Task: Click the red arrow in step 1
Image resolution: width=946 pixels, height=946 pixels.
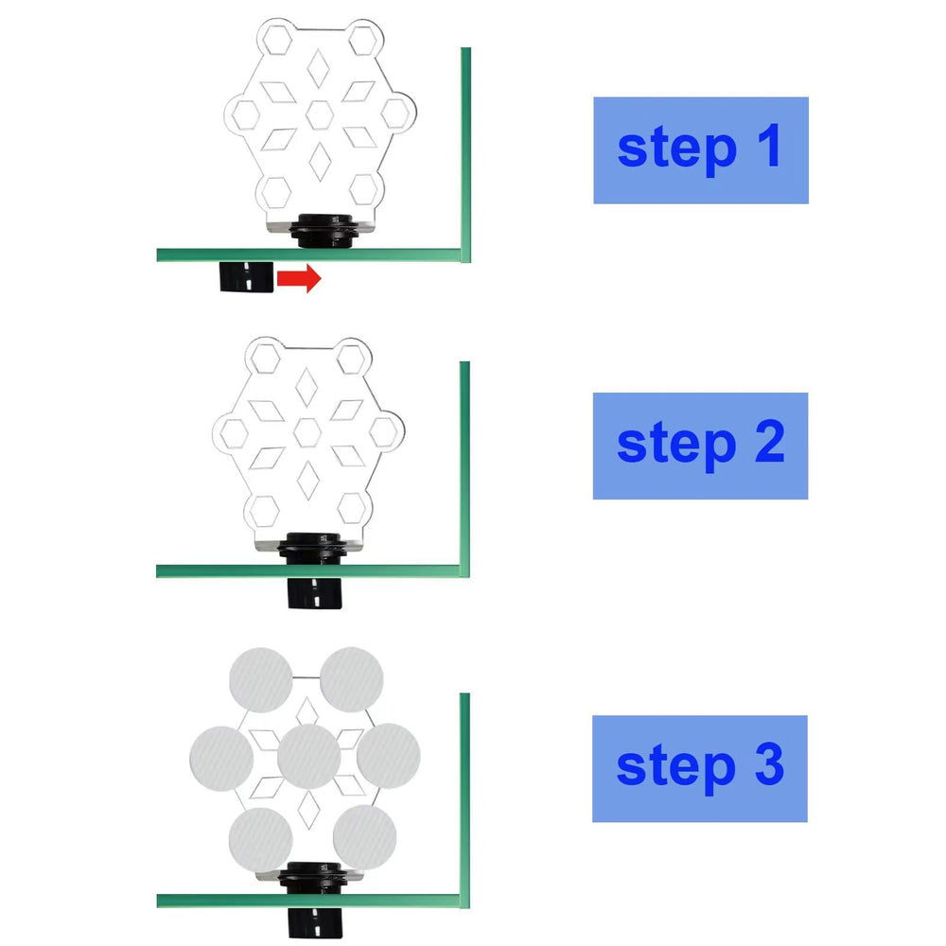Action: (299, 278)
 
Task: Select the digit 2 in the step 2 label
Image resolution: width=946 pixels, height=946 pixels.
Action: (769, 441)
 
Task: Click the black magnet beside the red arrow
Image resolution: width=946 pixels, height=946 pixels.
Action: (246, 277)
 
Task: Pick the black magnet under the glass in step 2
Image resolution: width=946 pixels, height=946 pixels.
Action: (314, 593)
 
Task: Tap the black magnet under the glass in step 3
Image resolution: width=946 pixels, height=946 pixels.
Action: (315, 923)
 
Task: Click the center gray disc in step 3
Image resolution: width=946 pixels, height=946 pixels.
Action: (309, 757)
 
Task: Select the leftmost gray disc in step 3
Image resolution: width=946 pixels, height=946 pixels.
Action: (221, 759)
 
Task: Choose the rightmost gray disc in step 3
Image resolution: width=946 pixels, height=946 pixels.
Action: (389, 756)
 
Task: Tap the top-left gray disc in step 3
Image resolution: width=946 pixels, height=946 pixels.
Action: (261, 680)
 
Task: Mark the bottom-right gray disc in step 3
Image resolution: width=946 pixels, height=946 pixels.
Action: (364, 837)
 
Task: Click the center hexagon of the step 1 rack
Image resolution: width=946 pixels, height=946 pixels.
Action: (319, 114)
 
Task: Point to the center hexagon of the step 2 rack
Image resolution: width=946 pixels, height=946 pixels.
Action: (307, 432)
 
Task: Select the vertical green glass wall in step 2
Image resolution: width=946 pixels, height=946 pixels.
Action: (464, 469)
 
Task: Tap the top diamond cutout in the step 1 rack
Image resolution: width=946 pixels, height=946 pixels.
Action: (318, 68)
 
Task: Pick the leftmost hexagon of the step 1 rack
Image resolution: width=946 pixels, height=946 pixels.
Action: (246, 115)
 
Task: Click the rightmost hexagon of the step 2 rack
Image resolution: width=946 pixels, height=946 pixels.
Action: (384, 432)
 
